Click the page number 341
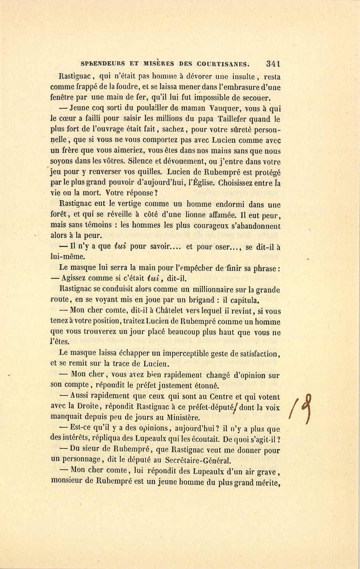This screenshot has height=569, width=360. (x=272, y=63)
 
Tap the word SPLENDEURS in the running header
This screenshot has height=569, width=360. (x=102, y=64)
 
